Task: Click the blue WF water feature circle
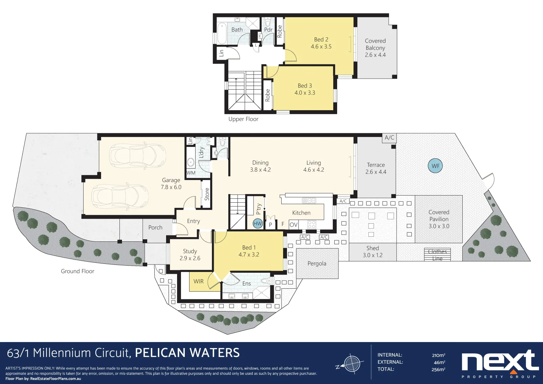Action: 435,166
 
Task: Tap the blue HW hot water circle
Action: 257,224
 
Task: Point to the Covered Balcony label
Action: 375,48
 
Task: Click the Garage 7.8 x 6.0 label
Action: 171,183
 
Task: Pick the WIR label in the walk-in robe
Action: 198,281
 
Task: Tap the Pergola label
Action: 316,263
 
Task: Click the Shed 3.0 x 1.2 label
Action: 372,251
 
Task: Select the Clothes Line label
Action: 437,255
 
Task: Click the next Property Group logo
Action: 499,363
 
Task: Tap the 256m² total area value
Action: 438,369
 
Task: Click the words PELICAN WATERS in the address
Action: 187,353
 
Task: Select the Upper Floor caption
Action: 243,119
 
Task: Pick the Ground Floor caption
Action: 78,271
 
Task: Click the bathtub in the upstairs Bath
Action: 222,33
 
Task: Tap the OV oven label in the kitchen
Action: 293,224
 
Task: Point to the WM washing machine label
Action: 191,173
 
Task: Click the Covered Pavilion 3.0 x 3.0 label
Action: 439,219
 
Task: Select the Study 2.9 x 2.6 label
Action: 190,255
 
